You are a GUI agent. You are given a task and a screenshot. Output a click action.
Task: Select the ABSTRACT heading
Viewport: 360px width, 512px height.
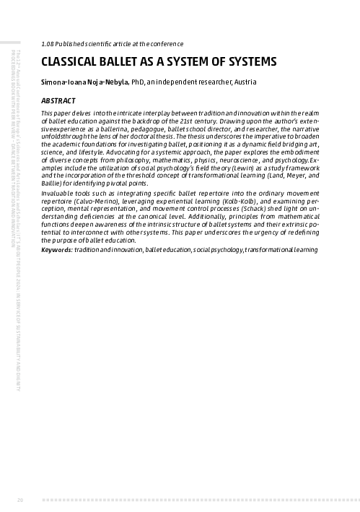59,100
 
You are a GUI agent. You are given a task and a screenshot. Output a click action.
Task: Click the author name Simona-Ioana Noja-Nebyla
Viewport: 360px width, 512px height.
85,82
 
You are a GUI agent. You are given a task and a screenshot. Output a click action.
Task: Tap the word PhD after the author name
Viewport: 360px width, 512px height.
139,82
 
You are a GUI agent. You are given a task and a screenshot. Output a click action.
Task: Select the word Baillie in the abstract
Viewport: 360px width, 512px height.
53,183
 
